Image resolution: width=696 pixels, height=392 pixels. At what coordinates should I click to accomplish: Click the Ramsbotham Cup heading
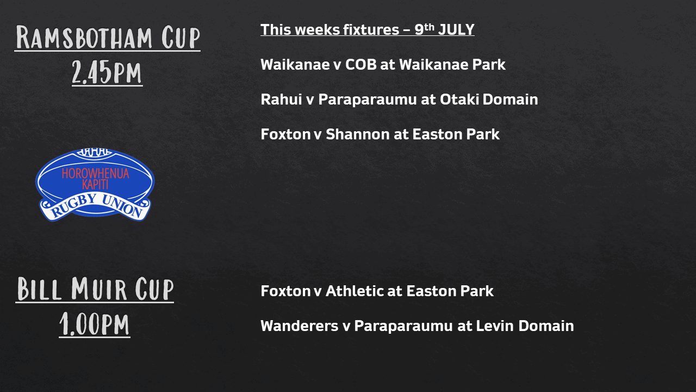tap(108, 38)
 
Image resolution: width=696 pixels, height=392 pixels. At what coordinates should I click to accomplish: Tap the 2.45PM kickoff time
tap(107, 72)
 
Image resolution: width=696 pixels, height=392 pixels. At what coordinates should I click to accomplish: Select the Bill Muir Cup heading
tap(95, 289)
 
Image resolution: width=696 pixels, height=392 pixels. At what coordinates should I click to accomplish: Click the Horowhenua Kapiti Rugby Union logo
tap(95, 185)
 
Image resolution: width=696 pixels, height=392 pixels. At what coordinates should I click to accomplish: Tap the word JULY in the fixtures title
tap(456, 30)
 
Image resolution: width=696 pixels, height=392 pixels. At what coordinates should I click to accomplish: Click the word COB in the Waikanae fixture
tap(361, 65)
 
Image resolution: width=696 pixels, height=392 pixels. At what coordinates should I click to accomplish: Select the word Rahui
tap(281, 100)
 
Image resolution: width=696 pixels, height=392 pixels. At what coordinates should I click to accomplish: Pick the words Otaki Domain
tap(489, 100)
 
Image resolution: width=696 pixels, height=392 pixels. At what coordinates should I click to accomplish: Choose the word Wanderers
tap(300, 326)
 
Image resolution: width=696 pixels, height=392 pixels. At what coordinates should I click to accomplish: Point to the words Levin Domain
tap(525, 326)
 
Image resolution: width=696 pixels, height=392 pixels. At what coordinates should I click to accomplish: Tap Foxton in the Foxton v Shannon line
tap(285, 134)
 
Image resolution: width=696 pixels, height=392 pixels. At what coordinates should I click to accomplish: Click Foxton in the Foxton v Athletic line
tap(285, 291)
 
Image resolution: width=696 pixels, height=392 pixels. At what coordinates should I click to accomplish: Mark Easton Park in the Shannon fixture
tap(456, 134)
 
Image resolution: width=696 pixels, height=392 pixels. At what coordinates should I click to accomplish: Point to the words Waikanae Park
tap(452, 65)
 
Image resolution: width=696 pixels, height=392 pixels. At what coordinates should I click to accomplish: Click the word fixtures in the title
tap(371, 30)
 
